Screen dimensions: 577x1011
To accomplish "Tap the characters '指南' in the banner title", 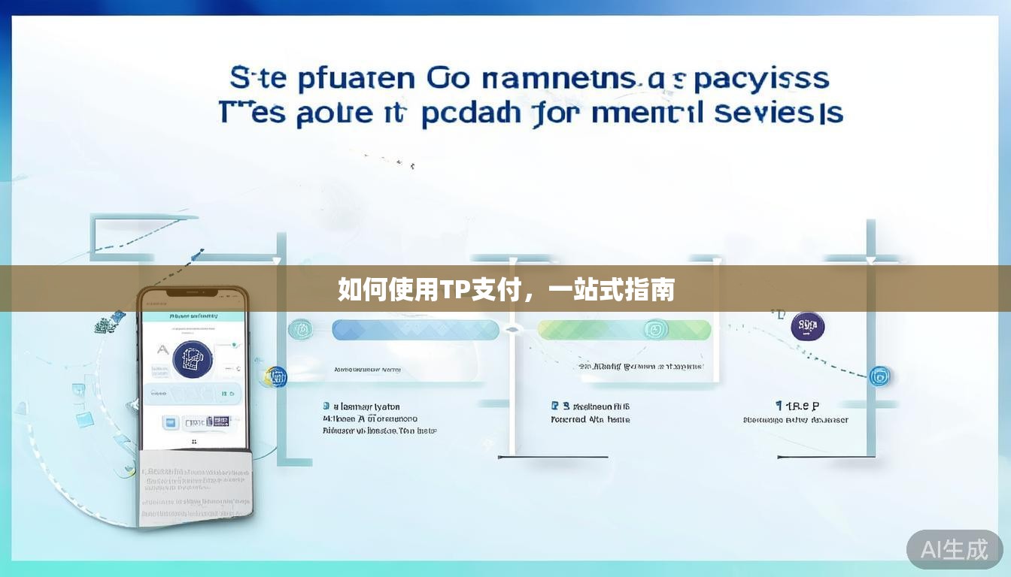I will pos(651,289).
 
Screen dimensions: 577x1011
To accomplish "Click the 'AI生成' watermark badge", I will pos(954,550).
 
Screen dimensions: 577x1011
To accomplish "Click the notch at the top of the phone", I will pos(193,292).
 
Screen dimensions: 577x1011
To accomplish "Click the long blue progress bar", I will pos(415,330).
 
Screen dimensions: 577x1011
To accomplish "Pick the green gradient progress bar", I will pos(624,330).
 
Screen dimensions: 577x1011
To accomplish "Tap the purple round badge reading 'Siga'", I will pos(808,326).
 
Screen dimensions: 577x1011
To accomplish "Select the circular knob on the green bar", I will pos(654,329).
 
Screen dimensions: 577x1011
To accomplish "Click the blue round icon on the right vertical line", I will pos(879,376).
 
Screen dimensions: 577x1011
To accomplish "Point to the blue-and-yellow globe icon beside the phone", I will pos(277,376).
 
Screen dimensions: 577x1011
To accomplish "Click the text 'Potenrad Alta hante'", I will pos(591,420).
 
